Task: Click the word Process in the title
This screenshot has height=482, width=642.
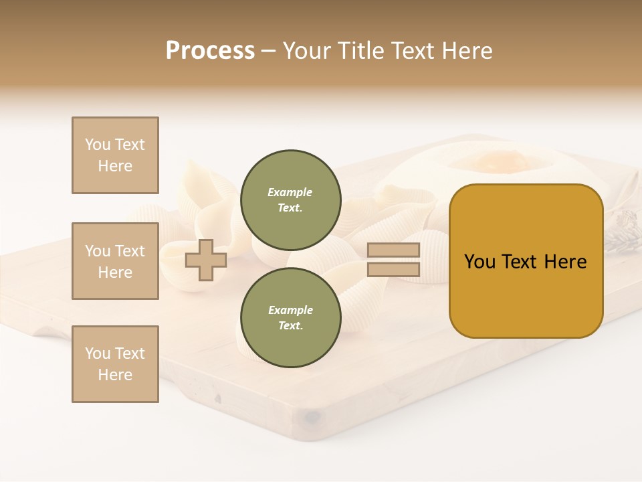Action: [210, 51]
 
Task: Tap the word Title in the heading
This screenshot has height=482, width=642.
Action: [362, 51]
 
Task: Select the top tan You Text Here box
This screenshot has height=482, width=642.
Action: [115, 155]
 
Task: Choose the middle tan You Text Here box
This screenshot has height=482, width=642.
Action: [115, 261]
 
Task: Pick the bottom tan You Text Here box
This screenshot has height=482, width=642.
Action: [115, 364]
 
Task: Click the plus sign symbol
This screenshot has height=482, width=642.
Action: [206, 260]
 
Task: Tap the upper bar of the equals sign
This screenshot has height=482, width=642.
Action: [393, 250]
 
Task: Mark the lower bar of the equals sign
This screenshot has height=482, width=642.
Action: [393, 270]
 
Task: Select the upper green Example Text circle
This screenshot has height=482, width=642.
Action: [290, 200]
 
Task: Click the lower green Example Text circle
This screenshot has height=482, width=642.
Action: [290, 318]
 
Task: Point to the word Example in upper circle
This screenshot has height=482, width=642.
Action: [290, 192]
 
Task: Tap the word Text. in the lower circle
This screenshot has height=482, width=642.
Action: [290, 326]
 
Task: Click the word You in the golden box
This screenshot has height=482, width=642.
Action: [479, 262]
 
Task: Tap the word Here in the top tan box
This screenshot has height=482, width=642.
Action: [115, 166]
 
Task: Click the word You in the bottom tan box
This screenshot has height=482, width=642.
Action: [98, 353]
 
